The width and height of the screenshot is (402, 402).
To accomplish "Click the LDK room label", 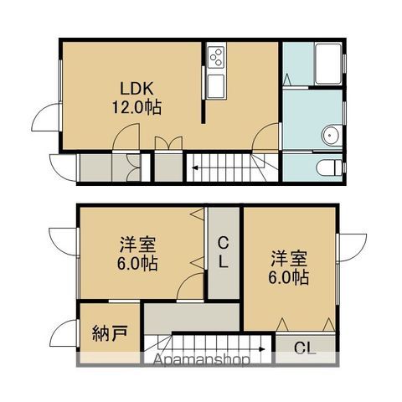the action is click(x=137, y=89).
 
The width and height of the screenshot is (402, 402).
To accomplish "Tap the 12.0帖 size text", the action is click(x=137, y=107).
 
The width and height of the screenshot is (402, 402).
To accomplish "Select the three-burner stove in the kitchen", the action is click(x=216, y=57).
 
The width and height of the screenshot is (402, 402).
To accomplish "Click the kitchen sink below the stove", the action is click(x=216, y=86).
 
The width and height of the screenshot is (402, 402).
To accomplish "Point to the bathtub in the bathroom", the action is click(x=328, y=64).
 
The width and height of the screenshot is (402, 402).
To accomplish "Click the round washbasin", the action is click(x=331, y=135).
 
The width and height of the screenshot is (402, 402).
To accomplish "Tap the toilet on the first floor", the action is click(x=329, y=167).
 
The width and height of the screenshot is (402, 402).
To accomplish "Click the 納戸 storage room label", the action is click(x=110, y=333).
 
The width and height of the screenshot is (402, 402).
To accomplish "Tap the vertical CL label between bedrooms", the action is click(x=223, y=252).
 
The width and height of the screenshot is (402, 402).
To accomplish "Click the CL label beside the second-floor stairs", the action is click(x=305, y=348).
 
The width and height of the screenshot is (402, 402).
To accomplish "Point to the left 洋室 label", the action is click(x=137, y=244).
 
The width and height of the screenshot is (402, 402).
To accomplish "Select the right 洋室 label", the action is click(x=289, y=259).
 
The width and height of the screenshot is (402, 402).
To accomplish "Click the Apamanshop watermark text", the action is click(x=202, y=360).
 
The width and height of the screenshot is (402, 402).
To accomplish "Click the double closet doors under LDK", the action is click(x=168, y=143).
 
